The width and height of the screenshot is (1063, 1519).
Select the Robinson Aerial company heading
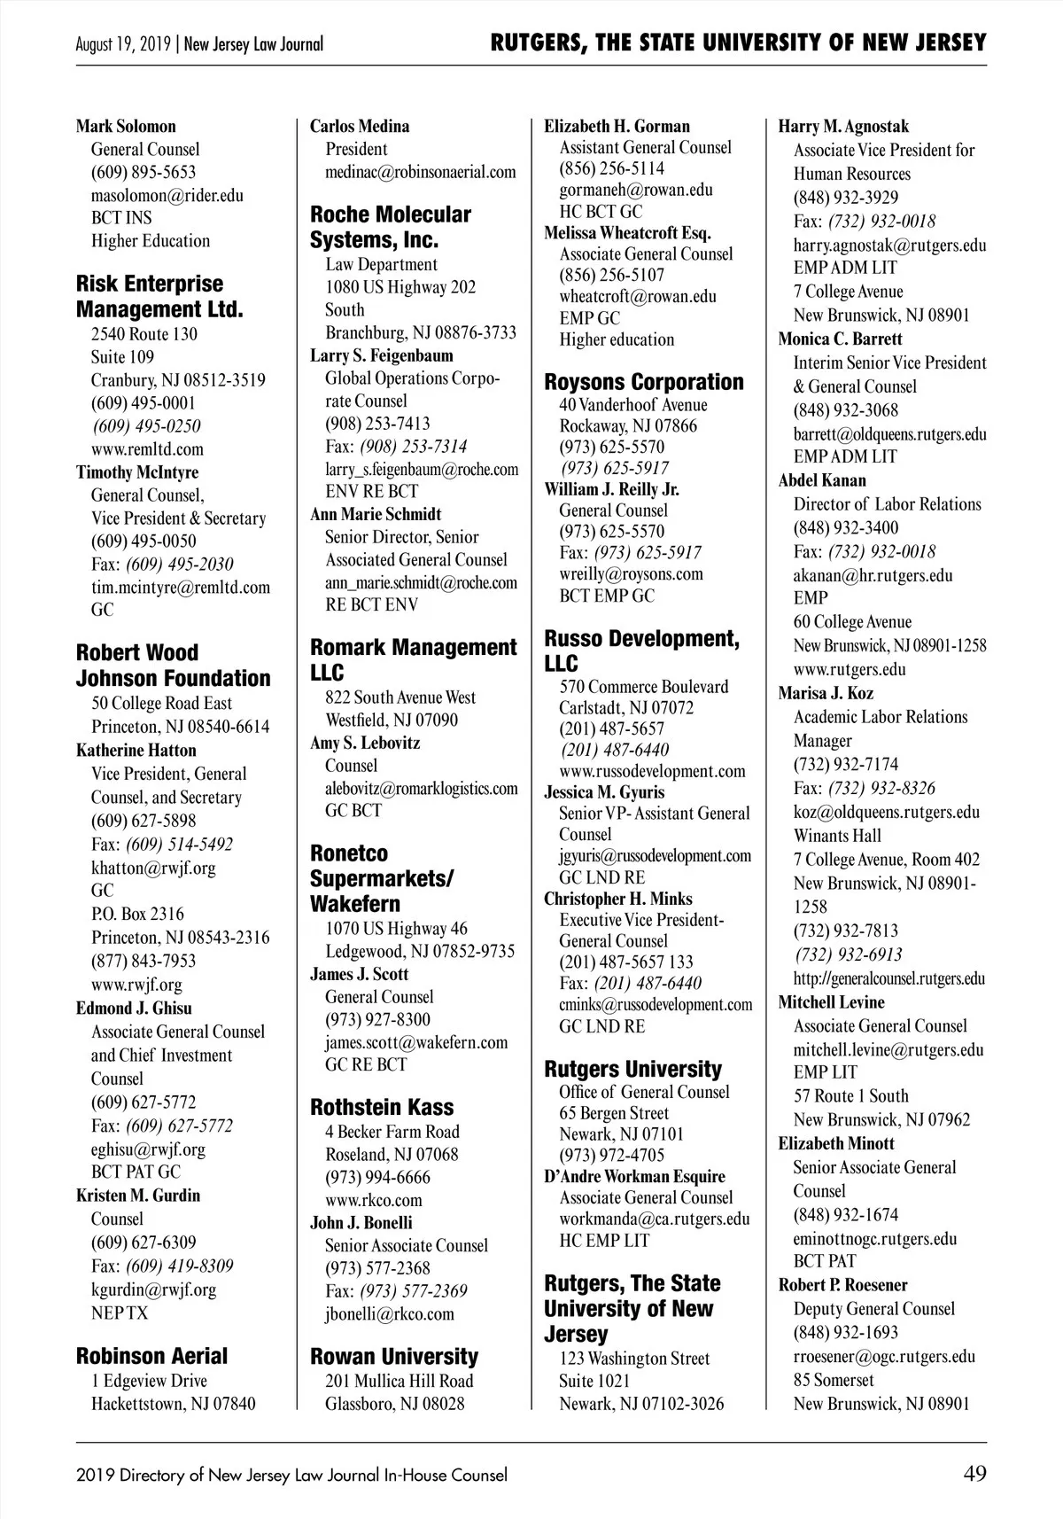151,1356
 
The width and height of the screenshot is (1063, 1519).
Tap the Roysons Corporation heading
644,382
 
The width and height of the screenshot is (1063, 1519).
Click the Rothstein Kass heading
382,1107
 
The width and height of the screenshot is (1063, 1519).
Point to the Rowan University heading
394,1356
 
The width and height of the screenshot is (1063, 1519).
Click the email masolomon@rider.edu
167,195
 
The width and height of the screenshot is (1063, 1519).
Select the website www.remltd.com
147,448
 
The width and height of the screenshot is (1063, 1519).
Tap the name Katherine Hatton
136,750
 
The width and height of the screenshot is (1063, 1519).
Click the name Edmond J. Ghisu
134,1008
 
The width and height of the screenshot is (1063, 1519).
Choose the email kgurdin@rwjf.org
153,1289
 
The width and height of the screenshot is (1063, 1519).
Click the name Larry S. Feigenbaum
382,355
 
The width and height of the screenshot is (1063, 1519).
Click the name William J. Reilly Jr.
612,489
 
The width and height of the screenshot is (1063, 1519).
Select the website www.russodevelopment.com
652,770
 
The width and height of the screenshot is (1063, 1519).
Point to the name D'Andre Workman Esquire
634,1176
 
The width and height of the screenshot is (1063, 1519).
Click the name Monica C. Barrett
841,339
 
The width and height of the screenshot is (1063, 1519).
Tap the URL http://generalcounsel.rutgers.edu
889,978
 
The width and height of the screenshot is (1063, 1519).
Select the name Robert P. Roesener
843,1284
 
